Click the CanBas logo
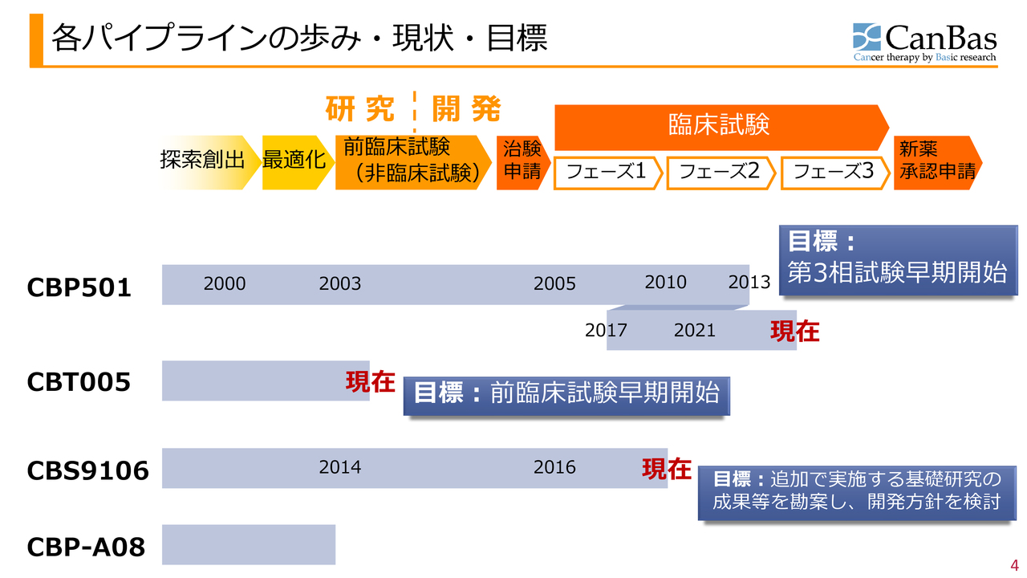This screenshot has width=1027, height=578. tap(925, 43)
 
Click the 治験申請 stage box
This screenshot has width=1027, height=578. tap(522, 161)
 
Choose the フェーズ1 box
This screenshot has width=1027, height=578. tap(607, 173)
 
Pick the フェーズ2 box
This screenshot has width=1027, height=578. tap(720, 173)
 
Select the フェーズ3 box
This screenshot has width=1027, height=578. tap(833, 173)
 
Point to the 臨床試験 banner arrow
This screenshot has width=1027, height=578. tap(719, 125)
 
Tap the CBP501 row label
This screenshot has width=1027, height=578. tap(79, 287)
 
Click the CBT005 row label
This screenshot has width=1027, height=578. tap(79, 383)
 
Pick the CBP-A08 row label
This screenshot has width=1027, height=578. tap(87, 547)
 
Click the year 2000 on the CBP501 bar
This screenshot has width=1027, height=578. tap(225, 283)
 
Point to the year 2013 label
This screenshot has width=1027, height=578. tap(749, 283)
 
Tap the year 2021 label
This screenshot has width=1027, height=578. tap(694, 331)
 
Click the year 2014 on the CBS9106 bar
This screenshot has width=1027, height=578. tap(339, 467)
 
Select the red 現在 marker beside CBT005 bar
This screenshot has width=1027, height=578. tap(370, 382)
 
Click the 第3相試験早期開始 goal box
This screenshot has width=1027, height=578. tap(897, 260)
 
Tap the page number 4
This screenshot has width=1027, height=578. tap(1013, 564)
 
